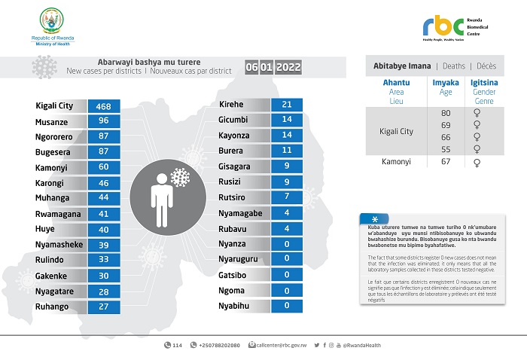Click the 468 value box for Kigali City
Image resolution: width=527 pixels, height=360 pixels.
(103, 106)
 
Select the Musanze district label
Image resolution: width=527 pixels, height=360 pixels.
(53, 121)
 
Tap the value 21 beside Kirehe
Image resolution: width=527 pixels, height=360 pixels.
(285, 104)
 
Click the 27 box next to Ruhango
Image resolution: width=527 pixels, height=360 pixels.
(103, 307)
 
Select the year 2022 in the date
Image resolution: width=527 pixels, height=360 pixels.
(288, 68)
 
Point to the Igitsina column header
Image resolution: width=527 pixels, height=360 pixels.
(483, 84)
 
